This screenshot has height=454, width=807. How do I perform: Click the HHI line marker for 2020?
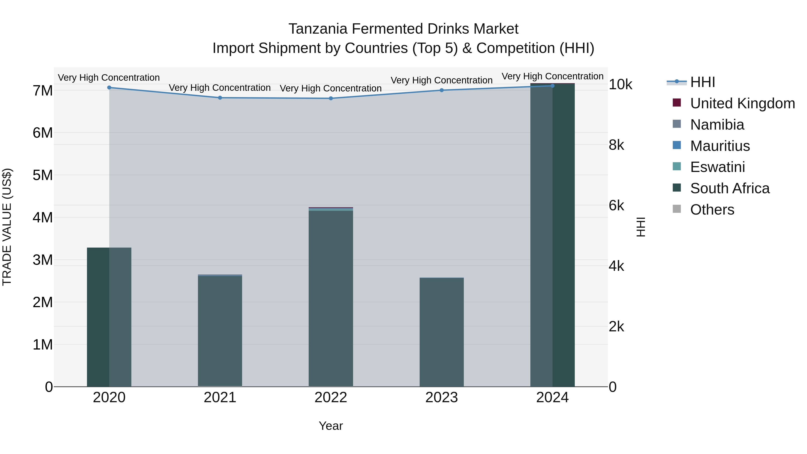109,88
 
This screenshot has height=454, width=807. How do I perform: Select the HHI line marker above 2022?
331,98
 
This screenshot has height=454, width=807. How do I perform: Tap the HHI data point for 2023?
442,90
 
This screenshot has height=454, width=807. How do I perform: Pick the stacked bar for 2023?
442,332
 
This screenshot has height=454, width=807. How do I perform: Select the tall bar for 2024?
553,235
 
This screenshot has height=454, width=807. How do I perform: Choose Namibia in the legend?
717,125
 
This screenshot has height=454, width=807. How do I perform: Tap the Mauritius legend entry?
720,146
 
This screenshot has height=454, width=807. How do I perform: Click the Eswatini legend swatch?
677,167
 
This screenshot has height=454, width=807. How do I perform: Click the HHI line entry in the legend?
702,82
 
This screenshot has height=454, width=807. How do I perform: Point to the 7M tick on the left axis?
43,91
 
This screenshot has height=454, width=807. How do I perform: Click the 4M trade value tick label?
43,217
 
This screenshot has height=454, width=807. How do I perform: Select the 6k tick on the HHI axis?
616,206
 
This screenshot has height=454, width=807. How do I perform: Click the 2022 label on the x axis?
331,398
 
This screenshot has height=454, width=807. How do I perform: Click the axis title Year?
331,426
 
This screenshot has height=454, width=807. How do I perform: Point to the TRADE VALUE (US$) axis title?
7,227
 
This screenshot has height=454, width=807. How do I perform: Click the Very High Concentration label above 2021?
220,88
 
